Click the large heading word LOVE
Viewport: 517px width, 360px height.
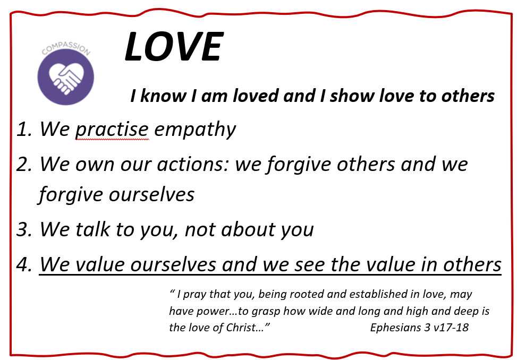[174, 46]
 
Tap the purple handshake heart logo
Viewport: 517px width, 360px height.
[65, 77]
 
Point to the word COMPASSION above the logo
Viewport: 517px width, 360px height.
[66, 48]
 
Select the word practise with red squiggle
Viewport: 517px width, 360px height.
[112, 129]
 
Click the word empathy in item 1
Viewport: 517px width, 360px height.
[195, 129]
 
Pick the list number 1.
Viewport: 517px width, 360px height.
[24, 129]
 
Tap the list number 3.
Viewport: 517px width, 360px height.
[24, 229]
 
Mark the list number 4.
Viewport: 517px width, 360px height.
[24, 264]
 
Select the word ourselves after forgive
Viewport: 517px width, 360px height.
[151, 195]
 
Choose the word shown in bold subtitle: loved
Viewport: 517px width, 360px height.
[255, 96]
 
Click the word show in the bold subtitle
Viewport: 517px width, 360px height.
[352, 96]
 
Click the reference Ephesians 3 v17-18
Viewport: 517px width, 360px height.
[419, 328]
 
